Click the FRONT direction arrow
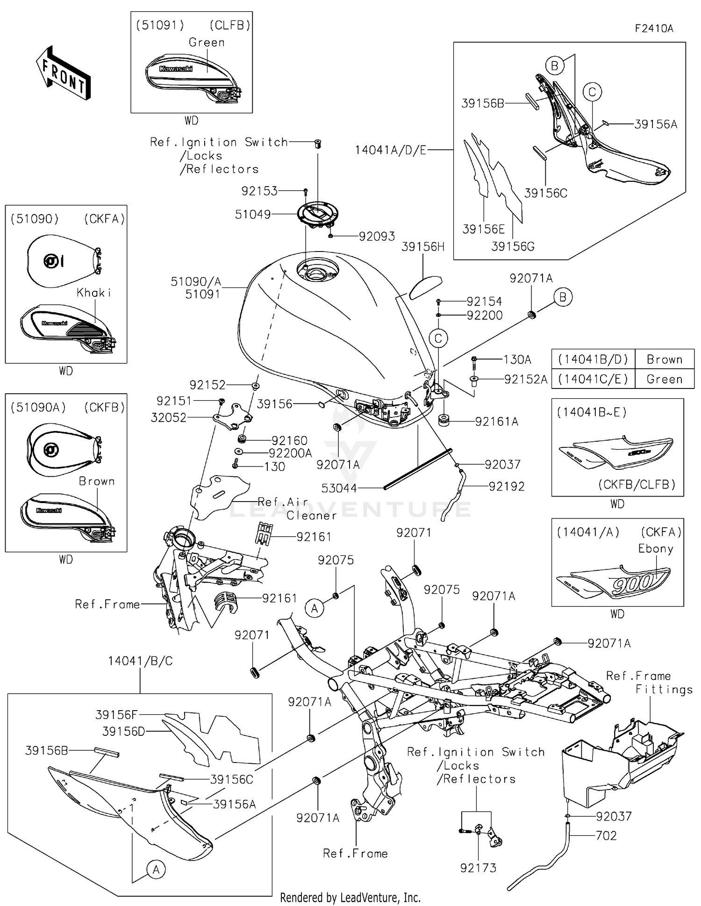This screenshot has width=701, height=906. pyautogui.click(x=63, y=73)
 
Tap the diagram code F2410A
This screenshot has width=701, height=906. pyautogui.click(x=654, y=29)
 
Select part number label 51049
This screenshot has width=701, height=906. pyautogui.click(x=252, y=215)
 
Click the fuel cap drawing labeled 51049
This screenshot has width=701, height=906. pyautogui.click(x=318, y=215)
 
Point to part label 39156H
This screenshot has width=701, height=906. pyautogui.click(x=422, y=247)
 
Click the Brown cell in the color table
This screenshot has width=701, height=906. pyautogui.click(x=664, y=360)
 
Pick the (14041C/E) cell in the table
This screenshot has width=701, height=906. pyautogui.click(x=593, y=379)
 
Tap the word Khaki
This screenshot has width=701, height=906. pyautogui.click(x=94, y=293)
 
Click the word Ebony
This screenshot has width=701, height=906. pyautogui.click(x=656, y=548)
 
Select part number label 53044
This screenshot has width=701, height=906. pyautogui.click(x=339, y=488)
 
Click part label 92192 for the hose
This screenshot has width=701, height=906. pyautogui.click(x=507, y=486)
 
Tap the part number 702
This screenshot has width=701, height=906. pyautogui.click(x=606, y=835)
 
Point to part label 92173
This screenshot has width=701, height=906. pyautogui.click(x=478, y=868)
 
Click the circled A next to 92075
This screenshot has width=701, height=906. pyautogui.click(x=314, y=609)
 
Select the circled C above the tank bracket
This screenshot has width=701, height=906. pyautogui.click(x=438, y=338)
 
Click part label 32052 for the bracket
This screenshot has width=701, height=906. pyautogui.click(x=168, y=417)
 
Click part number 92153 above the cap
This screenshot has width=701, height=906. pyautogui.click(x=259, y=191)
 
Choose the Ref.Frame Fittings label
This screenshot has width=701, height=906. pyautogui.click(x=650, y=683)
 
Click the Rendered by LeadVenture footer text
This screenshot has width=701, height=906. pyautogui.click(x=350, y=897)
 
